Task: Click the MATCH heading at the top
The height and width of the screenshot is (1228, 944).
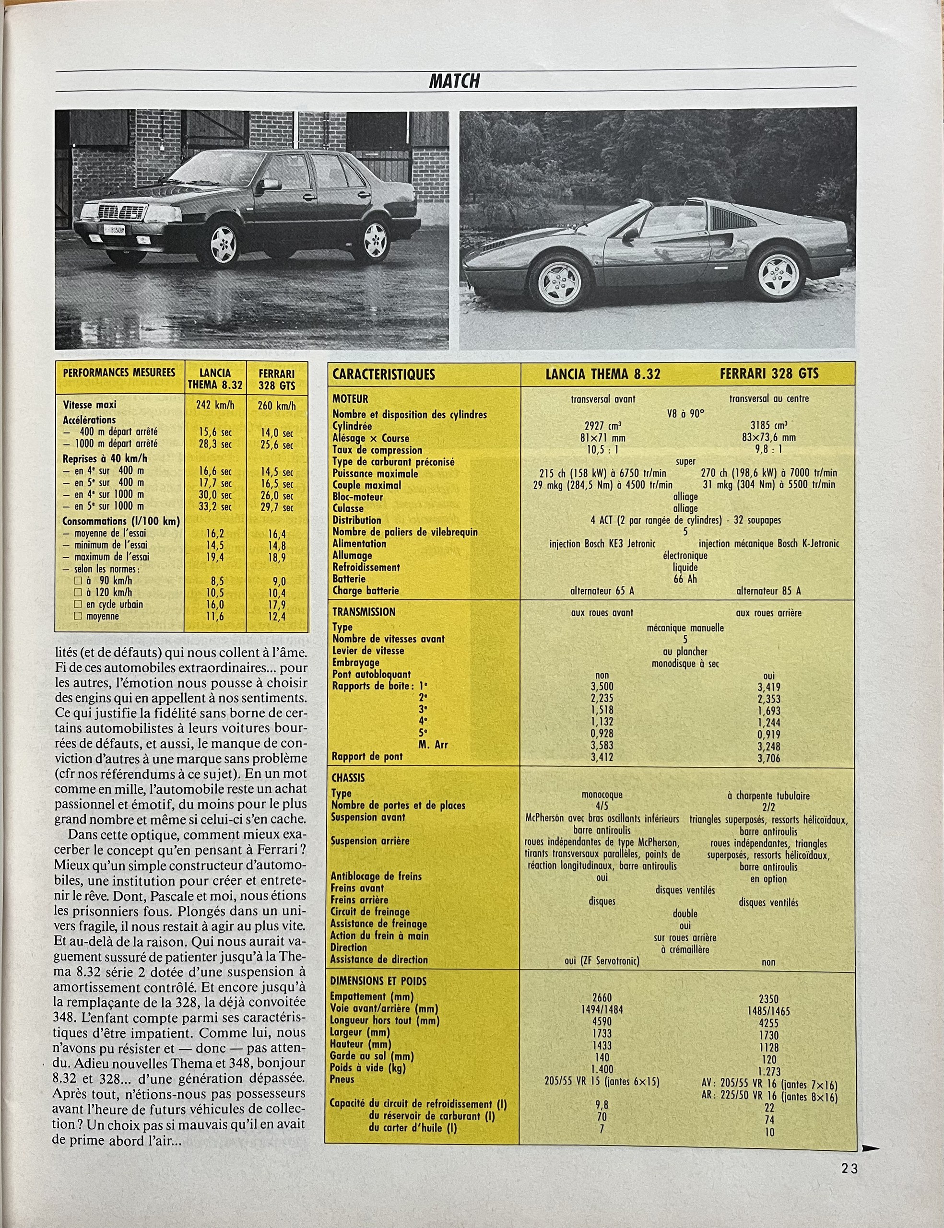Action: pos(454,82)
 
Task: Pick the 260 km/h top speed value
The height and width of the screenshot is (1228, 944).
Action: pos(276,405)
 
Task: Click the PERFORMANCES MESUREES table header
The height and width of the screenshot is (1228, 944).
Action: pos(119,373)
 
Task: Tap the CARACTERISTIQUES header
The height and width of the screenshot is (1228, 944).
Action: pos(384,374)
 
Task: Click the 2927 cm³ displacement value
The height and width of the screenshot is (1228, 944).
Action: pos(602,426)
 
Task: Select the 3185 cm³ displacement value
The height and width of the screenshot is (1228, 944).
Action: pos(768,426)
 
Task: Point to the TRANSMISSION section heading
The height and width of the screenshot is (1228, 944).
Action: pos(364,612)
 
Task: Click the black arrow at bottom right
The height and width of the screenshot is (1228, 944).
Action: pos(870,1149)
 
